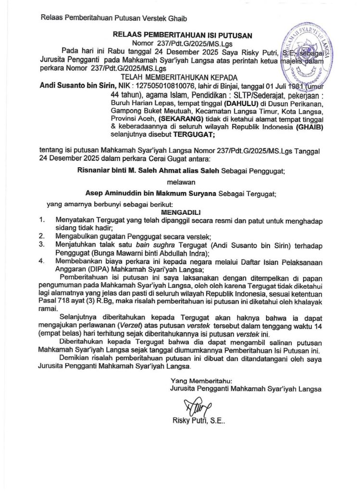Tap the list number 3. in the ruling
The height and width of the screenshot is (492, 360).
pos(42,245)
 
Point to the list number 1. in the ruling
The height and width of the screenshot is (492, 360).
pos(42,220)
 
